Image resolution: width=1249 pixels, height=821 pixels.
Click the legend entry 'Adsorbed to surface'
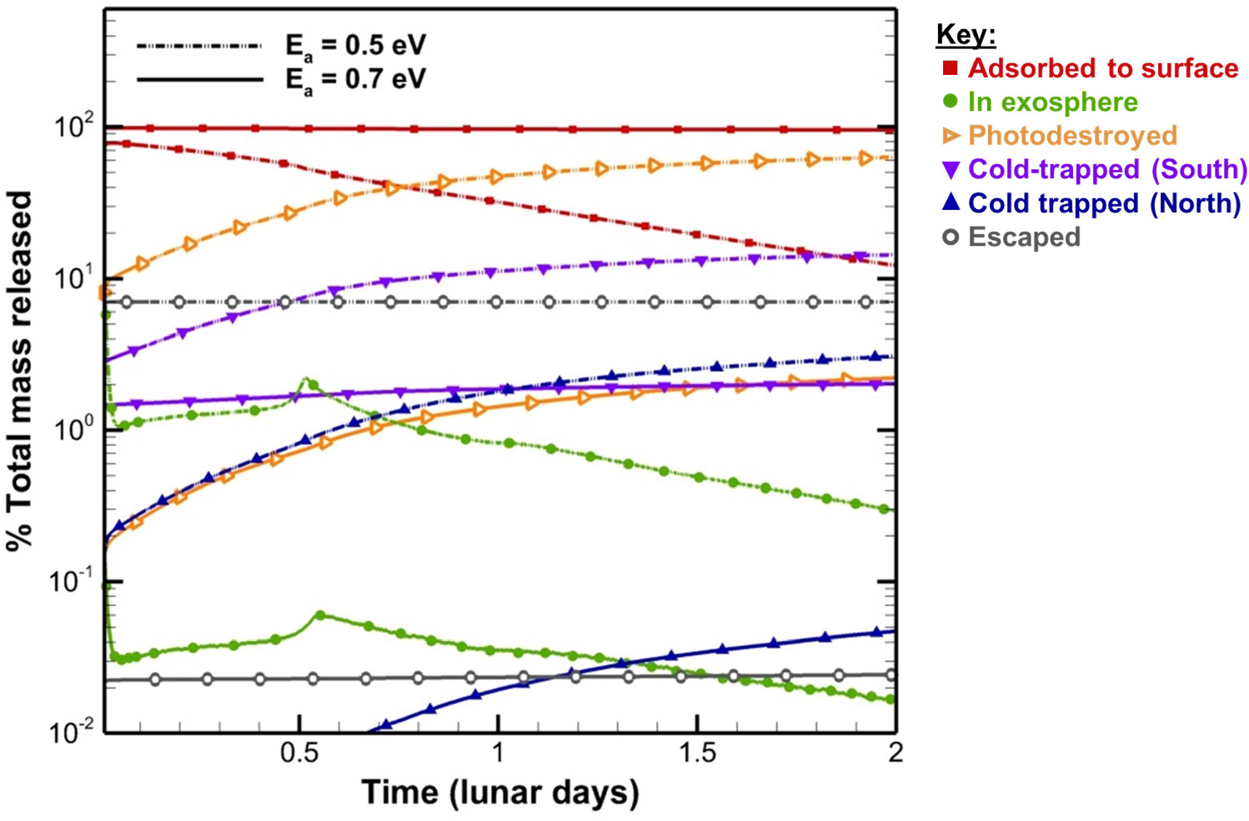click(x=1102, y=68)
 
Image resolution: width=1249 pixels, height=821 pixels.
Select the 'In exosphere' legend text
click(x=1052, y=103)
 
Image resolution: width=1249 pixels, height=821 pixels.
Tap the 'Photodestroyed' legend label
click(x=1072, y=136)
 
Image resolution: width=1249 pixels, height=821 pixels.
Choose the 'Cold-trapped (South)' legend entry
click(x=1107, y=169)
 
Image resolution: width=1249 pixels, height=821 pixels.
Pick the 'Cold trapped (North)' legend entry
click(x=1104, y=203)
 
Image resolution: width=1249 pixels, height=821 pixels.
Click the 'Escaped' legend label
click(x=1024, y=238)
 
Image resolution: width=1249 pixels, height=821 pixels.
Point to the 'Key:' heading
click(x=966, y=35)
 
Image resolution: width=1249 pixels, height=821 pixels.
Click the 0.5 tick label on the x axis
click(x=299, y=753)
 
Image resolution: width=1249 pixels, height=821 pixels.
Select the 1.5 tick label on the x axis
click(x=697, y=753)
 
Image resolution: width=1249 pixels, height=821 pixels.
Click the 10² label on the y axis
click(x=73, y=128)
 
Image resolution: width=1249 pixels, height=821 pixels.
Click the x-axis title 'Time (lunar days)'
click(x=499, y=793)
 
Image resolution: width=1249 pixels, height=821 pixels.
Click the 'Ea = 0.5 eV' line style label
click(x=355, y=46)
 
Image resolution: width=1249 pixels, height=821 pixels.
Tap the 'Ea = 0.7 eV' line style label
click(x=355, y=80)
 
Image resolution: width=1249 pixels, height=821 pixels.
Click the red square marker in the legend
click(x=951, y=68)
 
